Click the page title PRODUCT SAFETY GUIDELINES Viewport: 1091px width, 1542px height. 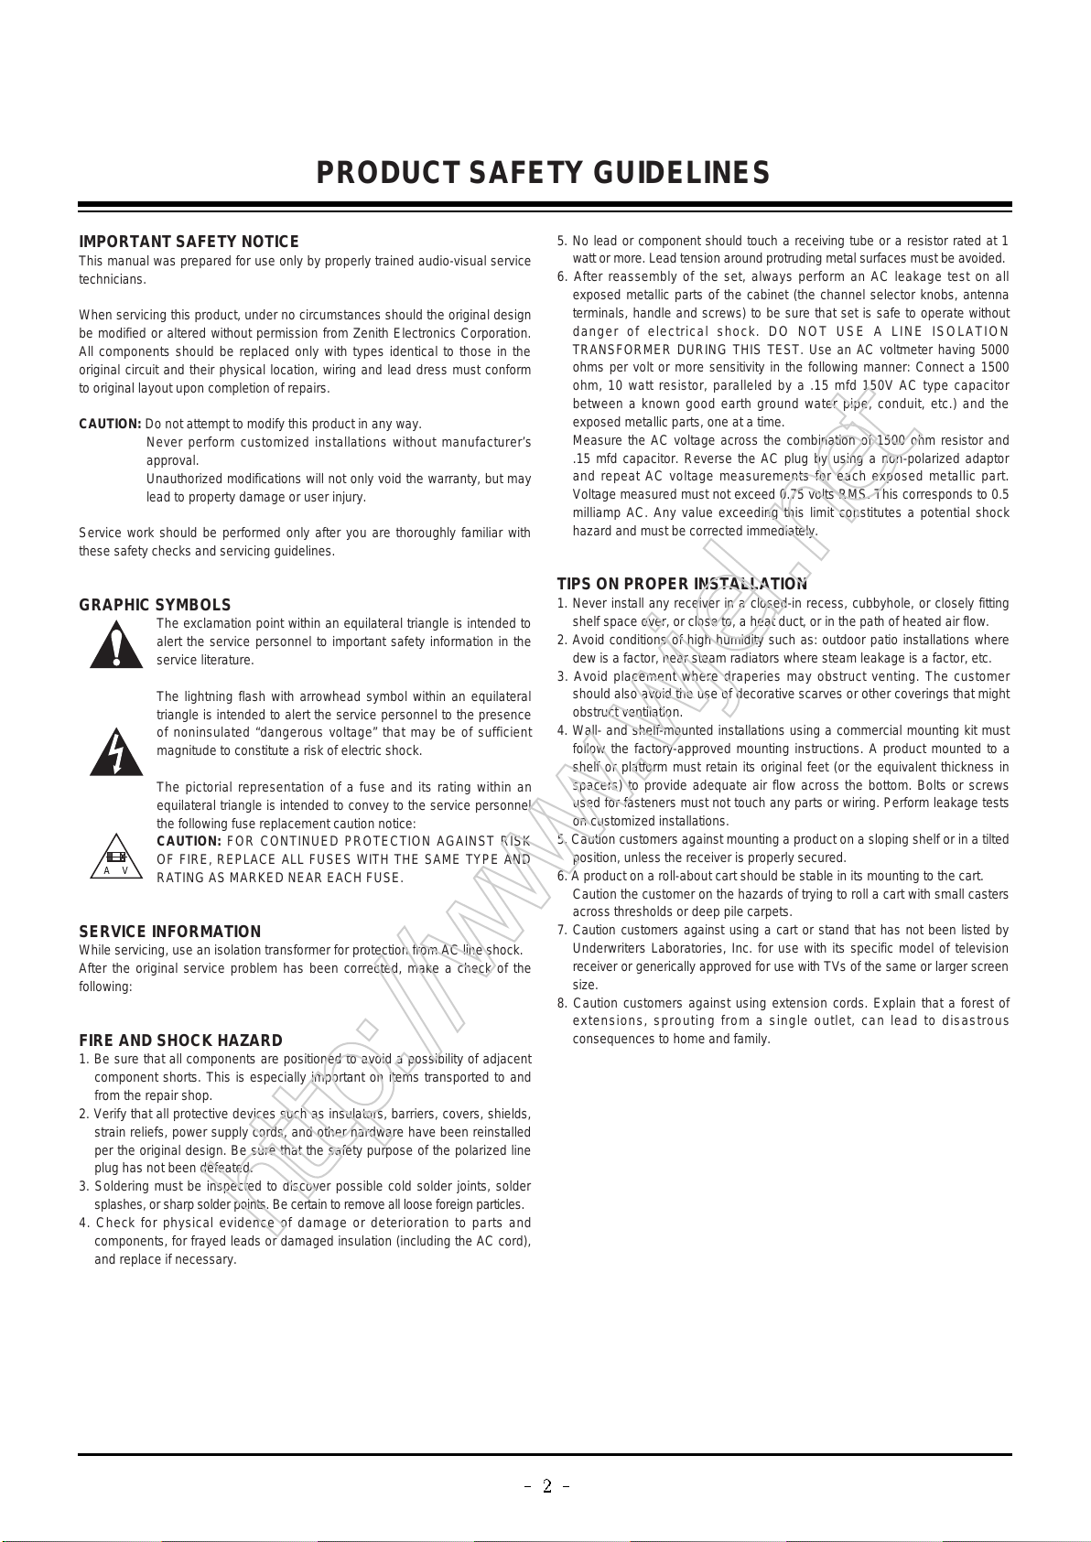click(x=543, y=173)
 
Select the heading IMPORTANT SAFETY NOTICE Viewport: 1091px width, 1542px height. click(x=189, y=242)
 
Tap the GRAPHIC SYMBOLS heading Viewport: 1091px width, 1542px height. click(x=155, y=605)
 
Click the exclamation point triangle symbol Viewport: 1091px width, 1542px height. click(x=116, y=645)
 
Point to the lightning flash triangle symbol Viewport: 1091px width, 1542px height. click(x=116, y=752)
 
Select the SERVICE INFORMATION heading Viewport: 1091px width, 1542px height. click(x=169, y=932)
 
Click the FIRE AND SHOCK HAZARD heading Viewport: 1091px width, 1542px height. click(x=180, y=1041)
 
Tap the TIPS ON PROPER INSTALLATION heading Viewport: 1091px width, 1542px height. click(x=682, y=584)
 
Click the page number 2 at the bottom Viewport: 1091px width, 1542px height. click(x=546, y=1486)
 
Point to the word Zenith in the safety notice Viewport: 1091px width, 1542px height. click(x=395, y=333)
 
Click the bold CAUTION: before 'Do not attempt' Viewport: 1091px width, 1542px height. click(x=110, y=424)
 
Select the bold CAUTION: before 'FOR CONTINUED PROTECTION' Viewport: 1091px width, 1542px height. click(x=189, y=841)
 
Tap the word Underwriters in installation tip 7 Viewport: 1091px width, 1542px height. click(x=610, y=948)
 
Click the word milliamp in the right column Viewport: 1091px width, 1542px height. click(x=597, y=512)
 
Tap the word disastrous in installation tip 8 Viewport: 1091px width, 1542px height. click(x=975, y=1020)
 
